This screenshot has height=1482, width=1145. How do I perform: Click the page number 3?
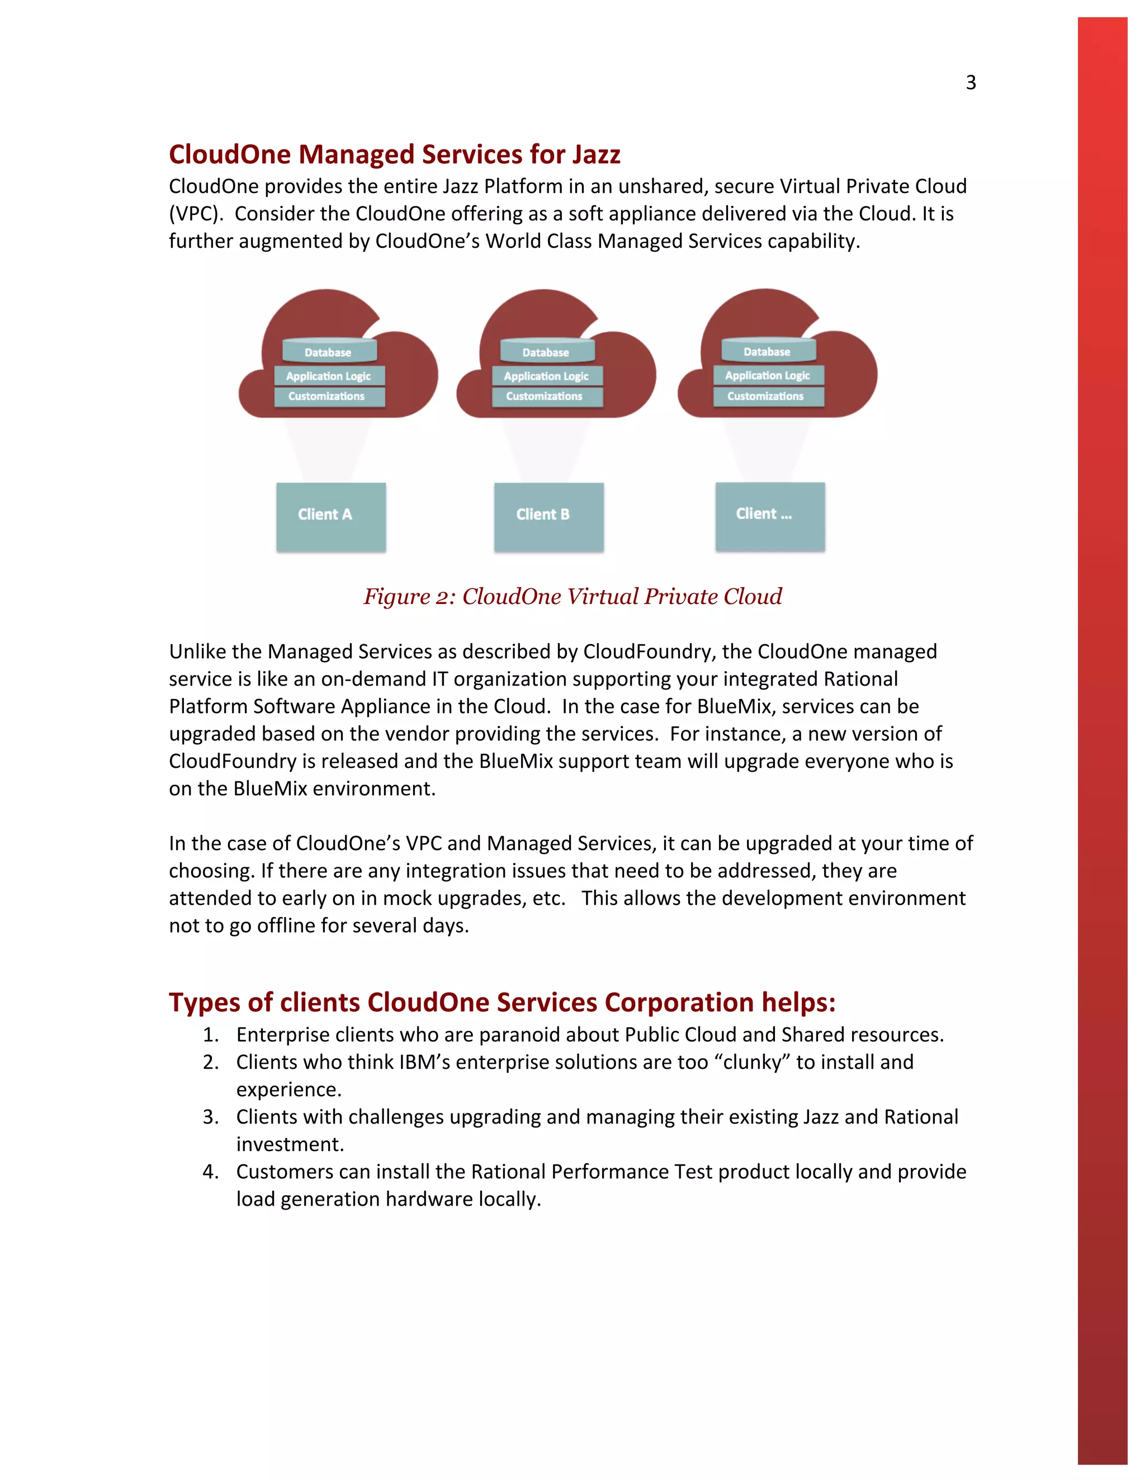[971, 83]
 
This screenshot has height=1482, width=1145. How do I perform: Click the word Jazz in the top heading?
[595, 155]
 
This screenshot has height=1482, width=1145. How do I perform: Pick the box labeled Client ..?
[770, 516]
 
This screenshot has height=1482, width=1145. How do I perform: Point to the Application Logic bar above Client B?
[547, 376]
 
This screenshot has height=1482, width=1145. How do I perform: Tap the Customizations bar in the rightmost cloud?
[768, 397]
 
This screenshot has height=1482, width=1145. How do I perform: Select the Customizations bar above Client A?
[329, 397]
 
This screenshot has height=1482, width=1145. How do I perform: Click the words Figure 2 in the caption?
[408, 597]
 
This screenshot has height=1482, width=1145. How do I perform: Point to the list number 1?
[210, 1035]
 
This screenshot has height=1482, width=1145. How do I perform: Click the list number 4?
[210, 1172]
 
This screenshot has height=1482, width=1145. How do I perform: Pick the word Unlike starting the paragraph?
[197, 652]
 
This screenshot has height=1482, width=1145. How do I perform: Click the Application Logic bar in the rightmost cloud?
[768, 375]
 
